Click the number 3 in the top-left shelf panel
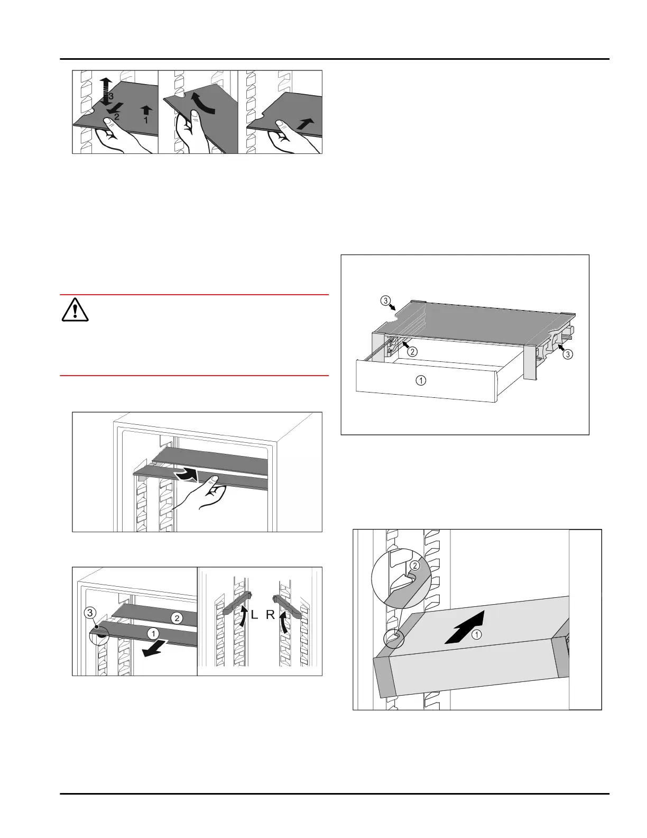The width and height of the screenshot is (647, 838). (111, 96)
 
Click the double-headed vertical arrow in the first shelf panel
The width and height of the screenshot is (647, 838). (106, 90)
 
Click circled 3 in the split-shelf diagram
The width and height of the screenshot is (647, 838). (90, 613)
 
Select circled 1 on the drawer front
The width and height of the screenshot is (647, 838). (421, 380)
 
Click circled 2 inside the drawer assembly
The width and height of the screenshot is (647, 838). (413, 352)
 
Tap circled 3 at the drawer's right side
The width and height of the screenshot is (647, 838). (567, 354)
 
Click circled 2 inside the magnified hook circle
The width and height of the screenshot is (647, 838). (415, 566)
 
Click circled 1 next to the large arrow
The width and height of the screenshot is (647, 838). (476, 636)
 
